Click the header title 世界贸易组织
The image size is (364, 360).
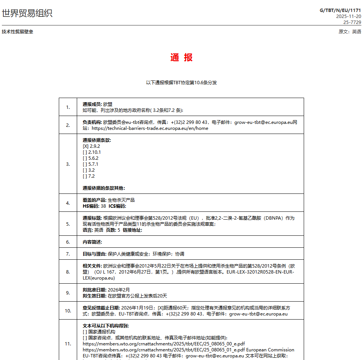tap(27, 13)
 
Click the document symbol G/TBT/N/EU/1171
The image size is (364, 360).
tap(340, 10)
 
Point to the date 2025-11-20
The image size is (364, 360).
tap(348, 16)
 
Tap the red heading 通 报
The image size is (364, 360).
tap(182, 58)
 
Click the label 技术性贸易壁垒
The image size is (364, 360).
tap(17, 32)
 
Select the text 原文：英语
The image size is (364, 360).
tap(350, 32)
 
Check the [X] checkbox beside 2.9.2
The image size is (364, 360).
tap(85, 146)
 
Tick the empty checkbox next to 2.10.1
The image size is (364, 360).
tap(85, 152)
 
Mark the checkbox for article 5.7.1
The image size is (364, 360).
tap(85, 164)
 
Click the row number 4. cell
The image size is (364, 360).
tap(68, 203)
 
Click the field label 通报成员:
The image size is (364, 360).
tap(92, 104)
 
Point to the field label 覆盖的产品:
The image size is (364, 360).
tap(94, 200)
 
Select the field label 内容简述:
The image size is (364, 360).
tap(92, 242)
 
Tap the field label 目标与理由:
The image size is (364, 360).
tap(94, 254)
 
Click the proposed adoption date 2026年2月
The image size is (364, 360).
tap(119, 290)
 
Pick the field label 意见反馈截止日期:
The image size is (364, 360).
tap(101, 308)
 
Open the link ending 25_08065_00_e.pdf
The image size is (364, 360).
tap(164, 344)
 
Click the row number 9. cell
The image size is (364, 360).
tap(68, 293)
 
